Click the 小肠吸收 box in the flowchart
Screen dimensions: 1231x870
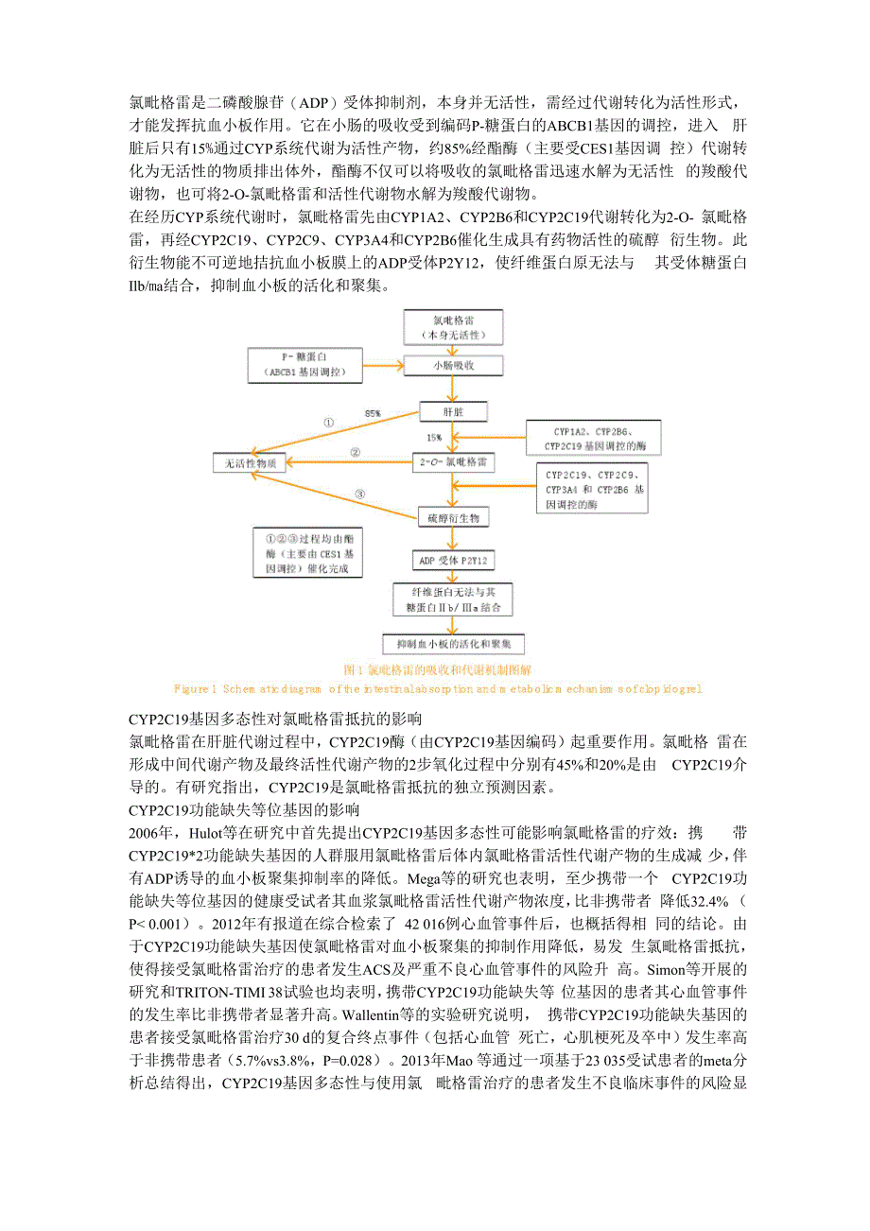(x=453, y=365)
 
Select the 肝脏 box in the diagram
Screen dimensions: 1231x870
(x=453, y=411)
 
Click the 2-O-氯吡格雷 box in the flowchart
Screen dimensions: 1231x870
(x=453, y=463)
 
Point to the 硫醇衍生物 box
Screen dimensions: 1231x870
(x=453, y=517)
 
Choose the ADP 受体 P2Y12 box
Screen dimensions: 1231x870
(x=453, y=561)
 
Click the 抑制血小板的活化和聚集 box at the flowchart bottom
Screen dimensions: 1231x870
(x=453, y=644)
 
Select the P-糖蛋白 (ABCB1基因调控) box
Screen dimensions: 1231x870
(x=305, y=365)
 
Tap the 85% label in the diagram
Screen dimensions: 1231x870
(x=374, y=414)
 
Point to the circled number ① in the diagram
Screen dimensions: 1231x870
(x=328, y=423)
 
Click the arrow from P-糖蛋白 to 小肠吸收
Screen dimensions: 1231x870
(x=384, y=365)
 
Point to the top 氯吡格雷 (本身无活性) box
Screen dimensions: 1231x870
(x=453, y=327)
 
